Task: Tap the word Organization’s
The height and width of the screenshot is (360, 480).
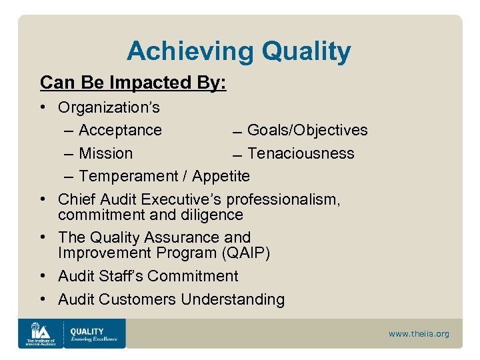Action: [x=109, y=107]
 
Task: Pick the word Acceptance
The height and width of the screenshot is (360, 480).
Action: [x=120, y=130]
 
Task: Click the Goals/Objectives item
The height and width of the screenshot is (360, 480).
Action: [x=307, y=130]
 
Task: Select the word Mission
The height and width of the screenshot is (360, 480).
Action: [x=105, y=153]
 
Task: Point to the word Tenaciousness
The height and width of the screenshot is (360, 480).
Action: [x=301, y=153]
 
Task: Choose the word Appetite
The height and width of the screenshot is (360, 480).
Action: [x=221, y=176]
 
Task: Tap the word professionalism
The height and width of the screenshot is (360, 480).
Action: [x=283, y=200]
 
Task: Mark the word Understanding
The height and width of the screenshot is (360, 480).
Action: [x=233, y=300]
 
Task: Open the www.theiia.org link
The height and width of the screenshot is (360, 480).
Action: [x=419, y=333]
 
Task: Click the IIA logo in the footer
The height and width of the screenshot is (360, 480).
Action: [x=40, y=333]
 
